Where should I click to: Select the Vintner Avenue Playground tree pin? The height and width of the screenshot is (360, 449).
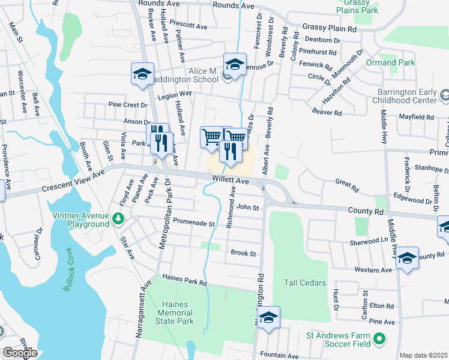click(118, 219)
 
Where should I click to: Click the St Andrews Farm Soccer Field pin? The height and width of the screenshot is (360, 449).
click(378, 340)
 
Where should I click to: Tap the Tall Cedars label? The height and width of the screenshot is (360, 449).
click(306, 283)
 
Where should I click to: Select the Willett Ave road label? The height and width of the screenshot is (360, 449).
click(230, 180)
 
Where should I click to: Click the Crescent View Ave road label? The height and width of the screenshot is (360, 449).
click(73, 181)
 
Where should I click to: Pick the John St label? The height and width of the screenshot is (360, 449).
click(247, 208)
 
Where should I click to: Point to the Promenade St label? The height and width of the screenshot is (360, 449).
click(193, 223)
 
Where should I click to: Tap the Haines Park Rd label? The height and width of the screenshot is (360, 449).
click(184, 280)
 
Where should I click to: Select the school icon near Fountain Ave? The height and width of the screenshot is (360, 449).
click(269, 317)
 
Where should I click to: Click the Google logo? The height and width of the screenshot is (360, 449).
click(20, 353)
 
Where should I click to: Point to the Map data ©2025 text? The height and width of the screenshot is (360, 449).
click(424, 355)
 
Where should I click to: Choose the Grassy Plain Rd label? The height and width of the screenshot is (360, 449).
click(329, 28)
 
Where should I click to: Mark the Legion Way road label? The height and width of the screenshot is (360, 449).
click(174, 95)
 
